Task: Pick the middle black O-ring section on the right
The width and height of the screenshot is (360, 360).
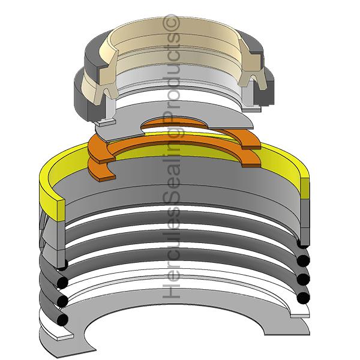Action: click(x=304, y=278)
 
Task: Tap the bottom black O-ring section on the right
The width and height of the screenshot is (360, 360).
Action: click(x=303, y=296)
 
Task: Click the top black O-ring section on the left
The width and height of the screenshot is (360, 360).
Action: click(x=61, y=282)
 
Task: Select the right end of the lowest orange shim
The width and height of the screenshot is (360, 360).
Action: click(x=251, y=157)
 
